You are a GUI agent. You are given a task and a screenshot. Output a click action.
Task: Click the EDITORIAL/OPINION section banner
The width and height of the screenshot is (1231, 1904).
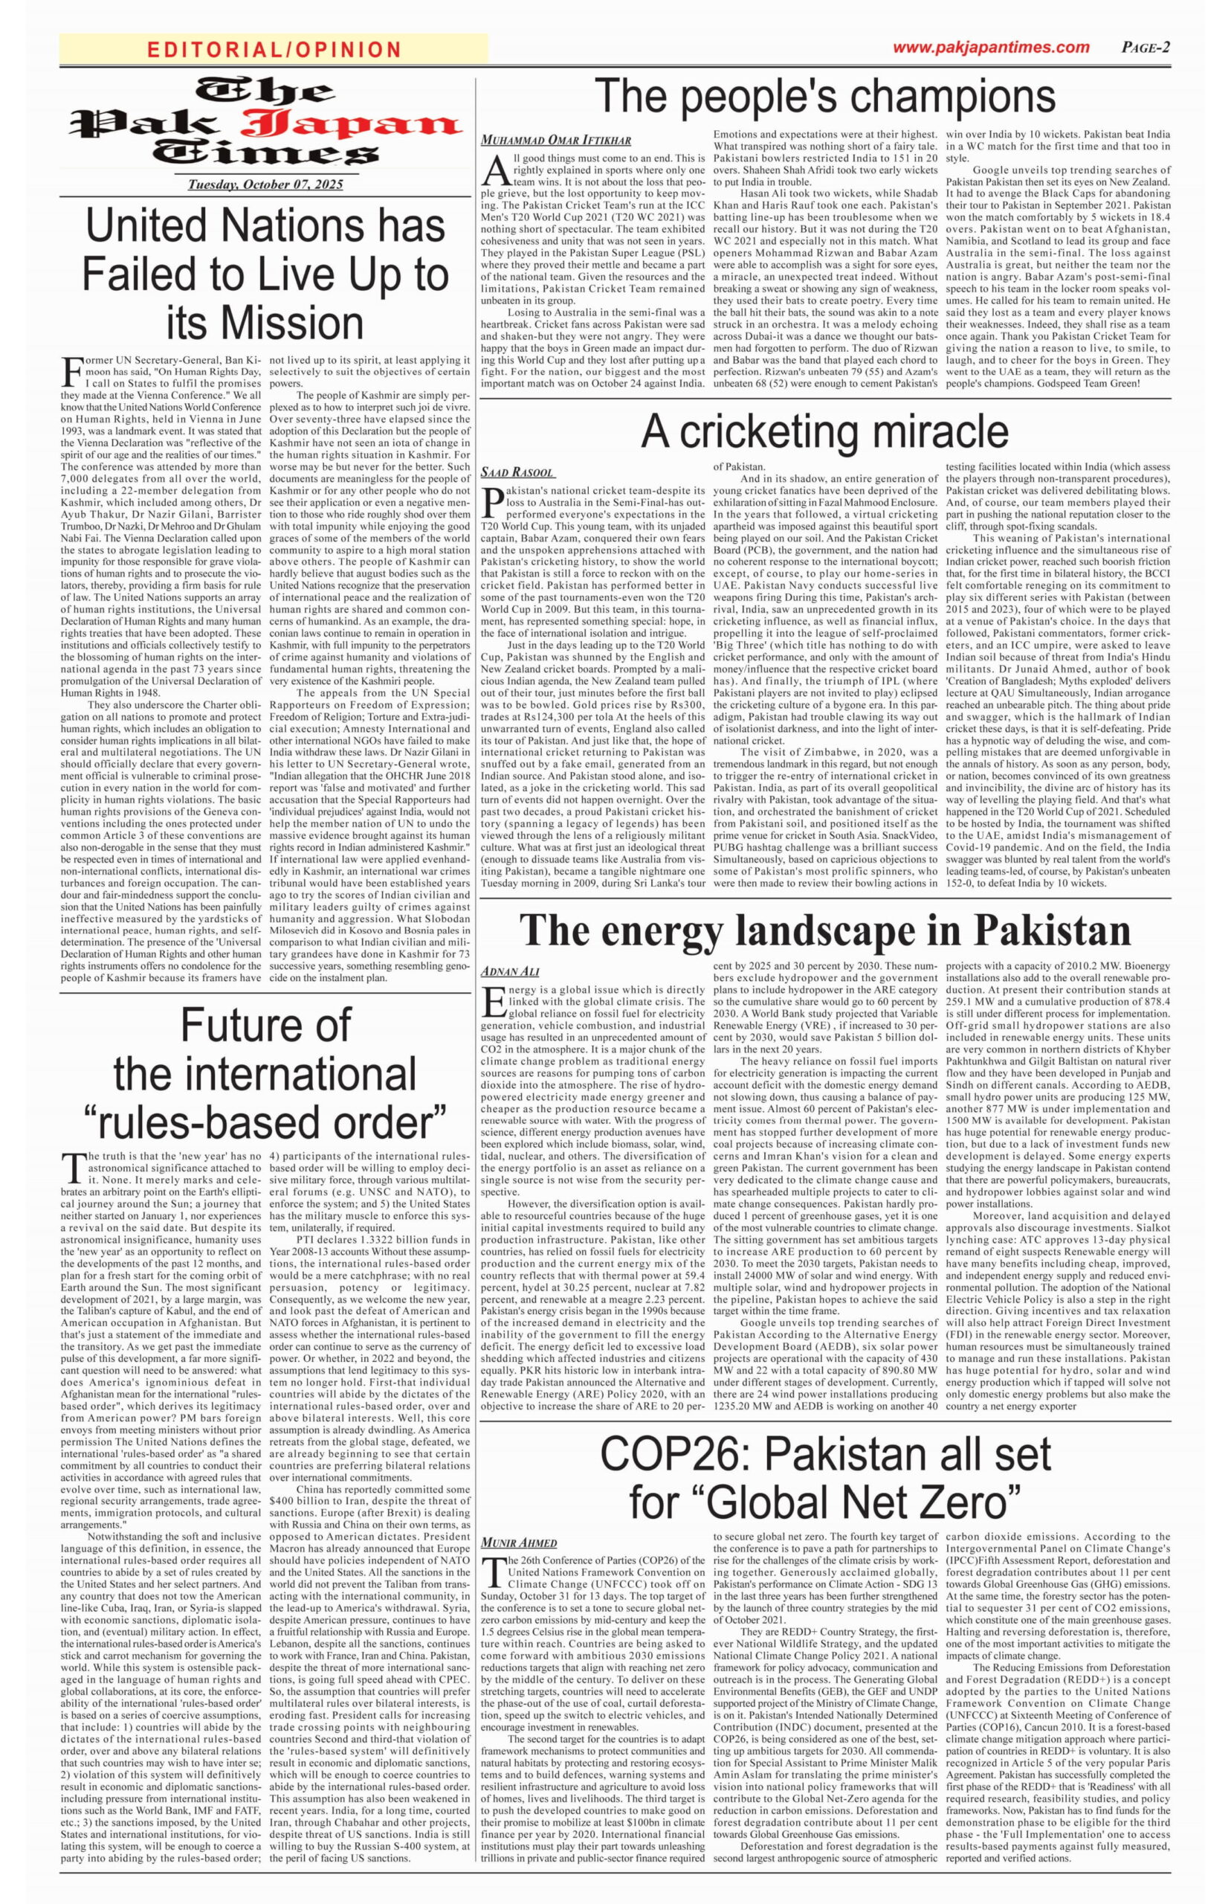point(274,50)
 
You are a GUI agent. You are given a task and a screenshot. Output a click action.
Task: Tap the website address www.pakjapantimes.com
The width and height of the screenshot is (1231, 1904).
point(990,47)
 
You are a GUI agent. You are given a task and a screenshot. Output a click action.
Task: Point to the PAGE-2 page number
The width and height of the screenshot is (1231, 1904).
point(1146,47)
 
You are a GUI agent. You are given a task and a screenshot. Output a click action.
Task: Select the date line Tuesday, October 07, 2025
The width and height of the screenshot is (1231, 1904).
point(265,184)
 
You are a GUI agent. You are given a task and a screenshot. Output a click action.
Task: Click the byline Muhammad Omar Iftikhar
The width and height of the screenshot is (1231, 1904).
point(555,141)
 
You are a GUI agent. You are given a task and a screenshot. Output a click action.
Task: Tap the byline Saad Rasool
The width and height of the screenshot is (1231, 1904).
point(517,472)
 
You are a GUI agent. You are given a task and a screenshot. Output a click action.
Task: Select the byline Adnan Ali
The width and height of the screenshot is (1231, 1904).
point(510,971)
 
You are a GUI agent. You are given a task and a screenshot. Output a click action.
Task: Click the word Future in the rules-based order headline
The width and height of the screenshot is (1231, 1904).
point(265,1025)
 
